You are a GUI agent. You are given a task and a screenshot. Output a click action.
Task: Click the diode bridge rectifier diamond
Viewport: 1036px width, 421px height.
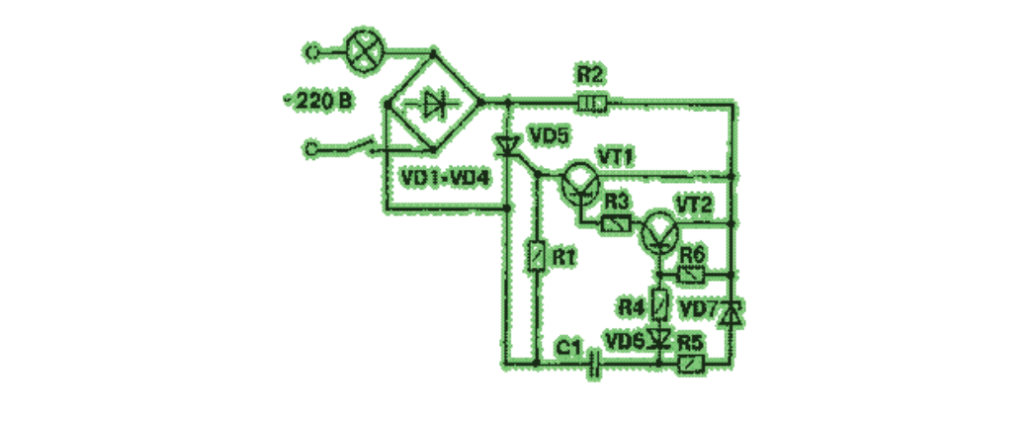433,101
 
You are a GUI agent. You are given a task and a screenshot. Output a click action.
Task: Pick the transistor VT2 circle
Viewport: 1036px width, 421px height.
658,231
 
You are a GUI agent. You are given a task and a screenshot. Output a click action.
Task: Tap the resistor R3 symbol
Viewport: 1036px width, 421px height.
617,224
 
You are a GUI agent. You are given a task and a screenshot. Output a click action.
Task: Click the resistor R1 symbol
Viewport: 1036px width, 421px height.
536,257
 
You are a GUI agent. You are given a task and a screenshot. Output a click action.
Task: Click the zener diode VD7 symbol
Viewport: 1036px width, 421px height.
732,313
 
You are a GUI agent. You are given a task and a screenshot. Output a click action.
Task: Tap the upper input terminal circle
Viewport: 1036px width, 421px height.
313,48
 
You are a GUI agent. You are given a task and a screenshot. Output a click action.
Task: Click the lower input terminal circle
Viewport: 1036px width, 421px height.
313,149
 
